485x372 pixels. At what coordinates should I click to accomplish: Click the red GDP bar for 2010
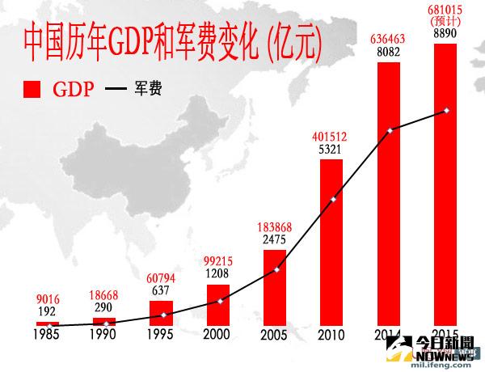tap(332, 243)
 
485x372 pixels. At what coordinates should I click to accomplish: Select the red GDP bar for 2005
tap(275, 287)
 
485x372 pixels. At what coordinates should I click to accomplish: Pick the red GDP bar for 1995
tap(161, 313)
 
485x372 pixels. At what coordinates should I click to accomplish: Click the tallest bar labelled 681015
tap(446, 186)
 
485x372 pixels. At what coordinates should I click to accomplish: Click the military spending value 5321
tap(332, 149)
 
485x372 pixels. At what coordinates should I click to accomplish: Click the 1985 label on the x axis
tap(48, 334)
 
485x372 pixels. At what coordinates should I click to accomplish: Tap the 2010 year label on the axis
tap(332, 334)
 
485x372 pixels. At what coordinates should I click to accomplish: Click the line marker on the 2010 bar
tap(333, 199)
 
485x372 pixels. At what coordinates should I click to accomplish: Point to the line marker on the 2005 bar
tap(276, 269)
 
